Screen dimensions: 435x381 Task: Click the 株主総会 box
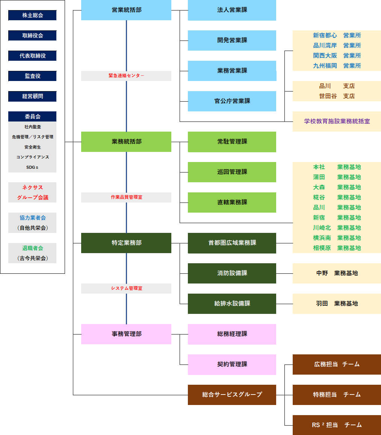[32, 15]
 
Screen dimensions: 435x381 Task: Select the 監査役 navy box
[32, 76]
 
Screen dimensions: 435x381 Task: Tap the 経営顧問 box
[32, 96]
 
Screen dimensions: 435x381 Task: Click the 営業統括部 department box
[126, 10]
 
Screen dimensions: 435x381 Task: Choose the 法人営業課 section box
[232, 10]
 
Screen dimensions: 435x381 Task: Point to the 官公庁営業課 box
[232, 101]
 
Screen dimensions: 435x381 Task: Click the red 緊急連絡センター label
[126, 76]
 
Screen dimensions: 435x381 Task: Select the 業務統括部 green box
[126, 142]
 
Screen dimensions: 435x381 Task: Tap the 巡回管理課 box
[232, 172]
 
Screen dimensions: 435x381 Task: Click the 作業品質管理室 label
[126, 197]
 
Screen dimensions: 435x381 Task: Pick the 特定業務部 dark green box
[126, 243]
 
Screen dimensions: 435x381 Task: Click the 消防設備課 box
[232, 273]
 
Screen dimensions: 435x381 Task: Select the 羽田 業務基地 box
[337, 304]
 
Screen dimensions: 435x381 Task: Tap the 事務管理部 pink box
[126, 334]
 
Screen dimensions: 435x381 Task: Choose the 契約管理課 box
[232, 364]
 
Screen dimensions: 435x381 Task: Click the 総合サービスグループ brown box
[232, 395]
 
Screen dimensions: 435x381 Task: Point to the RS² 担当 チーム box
[337, 425]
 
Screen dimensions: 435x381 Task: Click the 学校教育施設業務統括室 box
[337, 121]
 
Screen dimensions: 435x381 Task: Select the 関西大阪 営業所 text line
[337, 55]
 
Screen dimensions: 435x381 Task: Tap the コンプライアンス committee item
[32, 157]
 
